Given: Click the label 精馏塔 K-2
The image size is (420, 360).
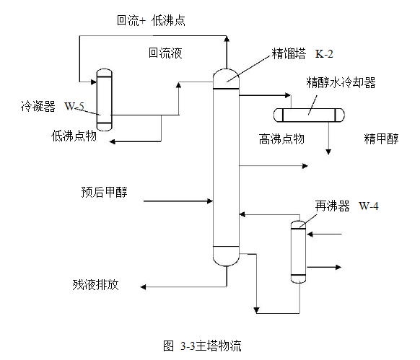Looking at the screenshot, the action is point(302,53).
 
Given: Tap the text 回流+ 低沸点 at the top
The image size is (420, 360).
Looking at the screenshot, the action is point(151,20).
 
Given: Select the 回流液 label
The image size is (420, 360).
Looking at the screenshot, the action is point(165,53).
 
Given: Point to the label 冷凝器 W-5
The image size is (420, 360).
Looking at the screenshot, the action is point(53,106).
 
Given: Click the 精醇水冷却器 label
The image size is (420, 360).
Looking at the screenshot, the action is point(341,82).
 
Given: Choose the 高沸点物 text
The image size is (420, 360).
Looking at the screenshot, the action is point(281,139).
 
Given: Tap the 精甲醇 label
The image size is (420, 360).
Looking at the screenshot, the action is point(381,139).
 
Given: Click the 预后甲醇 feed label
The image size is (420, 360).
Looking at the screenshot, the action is point(104,192).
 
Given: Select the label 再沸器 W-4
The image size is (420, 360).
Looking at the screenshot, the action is point(346,206).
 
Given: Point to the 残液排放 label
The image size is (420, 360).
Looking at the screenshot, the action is point(95,284).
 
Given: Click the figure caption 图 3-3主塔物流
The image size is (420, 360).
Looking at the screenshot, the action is point(202,346).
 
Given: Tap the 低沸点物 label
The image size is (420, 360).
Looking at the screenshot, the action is point(74,136).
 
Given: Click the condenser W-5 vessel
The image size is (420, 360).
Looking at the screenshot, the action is point(104,100).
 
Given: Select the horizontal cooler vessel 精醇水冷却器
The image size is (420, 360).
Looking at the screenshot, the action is point(309,115).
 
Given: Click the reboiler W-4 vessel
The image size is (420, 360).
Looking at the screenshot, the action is point(298,252).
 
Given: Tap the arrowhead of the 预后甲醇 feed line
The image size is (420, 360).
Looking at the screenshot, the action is point(211,201).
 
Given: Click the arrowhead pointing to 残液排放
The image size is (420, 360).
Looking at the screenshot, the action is point(143,287).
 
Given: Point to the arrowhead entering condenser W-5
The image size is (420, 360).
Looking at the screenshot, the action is point(94,82).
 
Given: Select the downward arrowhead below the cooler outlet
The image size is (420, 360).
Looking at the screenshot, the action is point(328,152).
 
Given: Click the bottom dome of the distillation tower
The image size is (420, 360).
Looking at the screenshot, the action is point(226,257).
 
